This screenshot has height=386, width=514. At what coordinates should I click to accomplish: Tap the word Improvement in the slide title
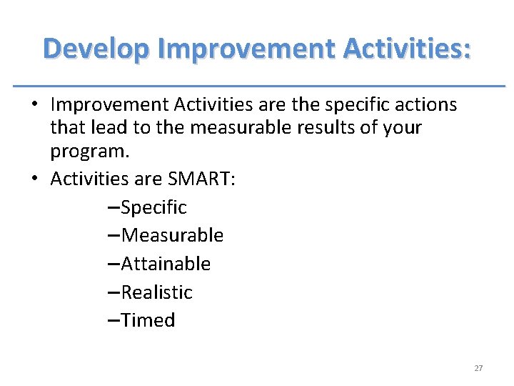point(246,49)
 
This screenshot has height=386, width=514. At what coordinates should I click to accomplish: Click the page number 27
point(478,368)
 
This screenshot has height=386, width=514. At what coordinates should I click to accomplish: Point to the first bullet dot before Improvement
point(34,105)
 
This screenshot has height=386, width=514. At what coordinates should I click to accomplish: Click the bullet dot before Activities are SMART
point(34,179)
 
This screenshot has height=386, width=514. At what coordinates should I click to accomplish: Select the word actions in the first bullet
point(425,105)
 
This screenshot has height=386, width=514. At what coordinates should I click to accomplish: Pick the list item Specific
point(153,207)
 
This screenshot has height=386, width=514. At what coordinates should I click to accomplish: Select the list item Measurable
point(172,235)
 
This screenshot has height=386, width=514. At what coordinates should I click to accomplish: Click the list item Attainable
point(166,264)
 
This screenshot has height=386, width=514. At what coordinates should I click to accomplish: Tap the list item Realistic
point(157,292)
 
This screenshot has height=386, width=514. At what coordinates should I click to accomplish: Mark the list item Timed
point(148,320)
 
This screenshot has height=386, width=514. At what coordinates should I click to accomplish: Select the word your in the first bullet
point(403,128)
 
